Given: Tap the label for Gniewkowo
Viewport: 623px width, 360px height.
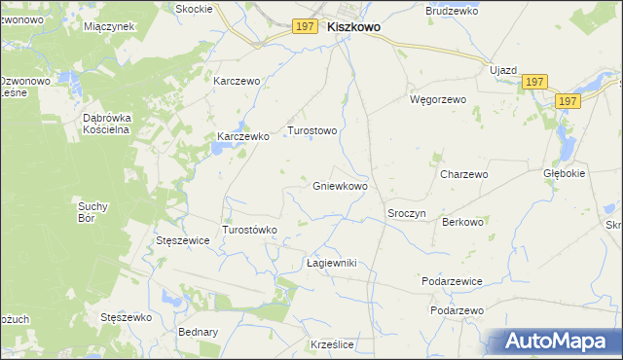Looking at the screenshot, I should pyautogui.click(x=340, y=185).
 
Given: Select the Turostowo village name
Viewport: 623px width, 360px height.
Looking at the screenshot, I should pyautogui.click(x=311, y=129).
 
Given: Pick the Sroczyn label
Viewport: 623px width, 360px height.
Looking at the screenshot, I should pyautogui.click(x=407, y=213).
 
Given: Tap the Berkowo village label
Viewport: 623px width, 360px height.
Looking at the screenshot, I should pyautogui.click(x=462, y=222).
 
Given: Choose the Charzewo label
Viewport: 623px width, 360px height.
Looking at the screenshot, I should pyautogui.click(x=463, y=174).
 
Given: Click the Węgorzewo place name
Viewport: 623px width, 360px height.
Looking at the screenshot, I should pyautogui.click(x=438, y=99).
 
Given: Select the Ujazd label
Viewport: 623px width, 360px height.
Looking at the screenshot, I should pyautogui.click(x=503, y=72).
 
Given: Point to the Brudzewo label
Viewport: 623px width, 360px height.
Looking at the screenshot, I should pyautogui.click(x=449, y=11).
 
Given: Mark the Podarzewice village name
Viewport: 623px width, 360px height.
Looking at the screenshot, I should pyautogui.click(x=452, y=280).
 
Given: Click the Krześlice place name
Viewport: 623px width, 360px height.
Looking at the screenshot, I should pyautogui.click(x=330, y=344).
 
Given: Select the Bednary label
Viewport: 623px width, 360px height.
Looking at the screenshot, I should pyautogui.click(x=198, y=332).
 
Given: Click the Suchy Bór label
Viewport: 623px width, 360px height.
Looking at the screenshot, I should pyautogui.click(x=95, y=211).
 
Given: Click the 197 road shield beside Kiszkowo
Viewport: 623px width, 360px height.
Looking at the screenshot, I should pyautogui.click(x=304, y=27).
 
